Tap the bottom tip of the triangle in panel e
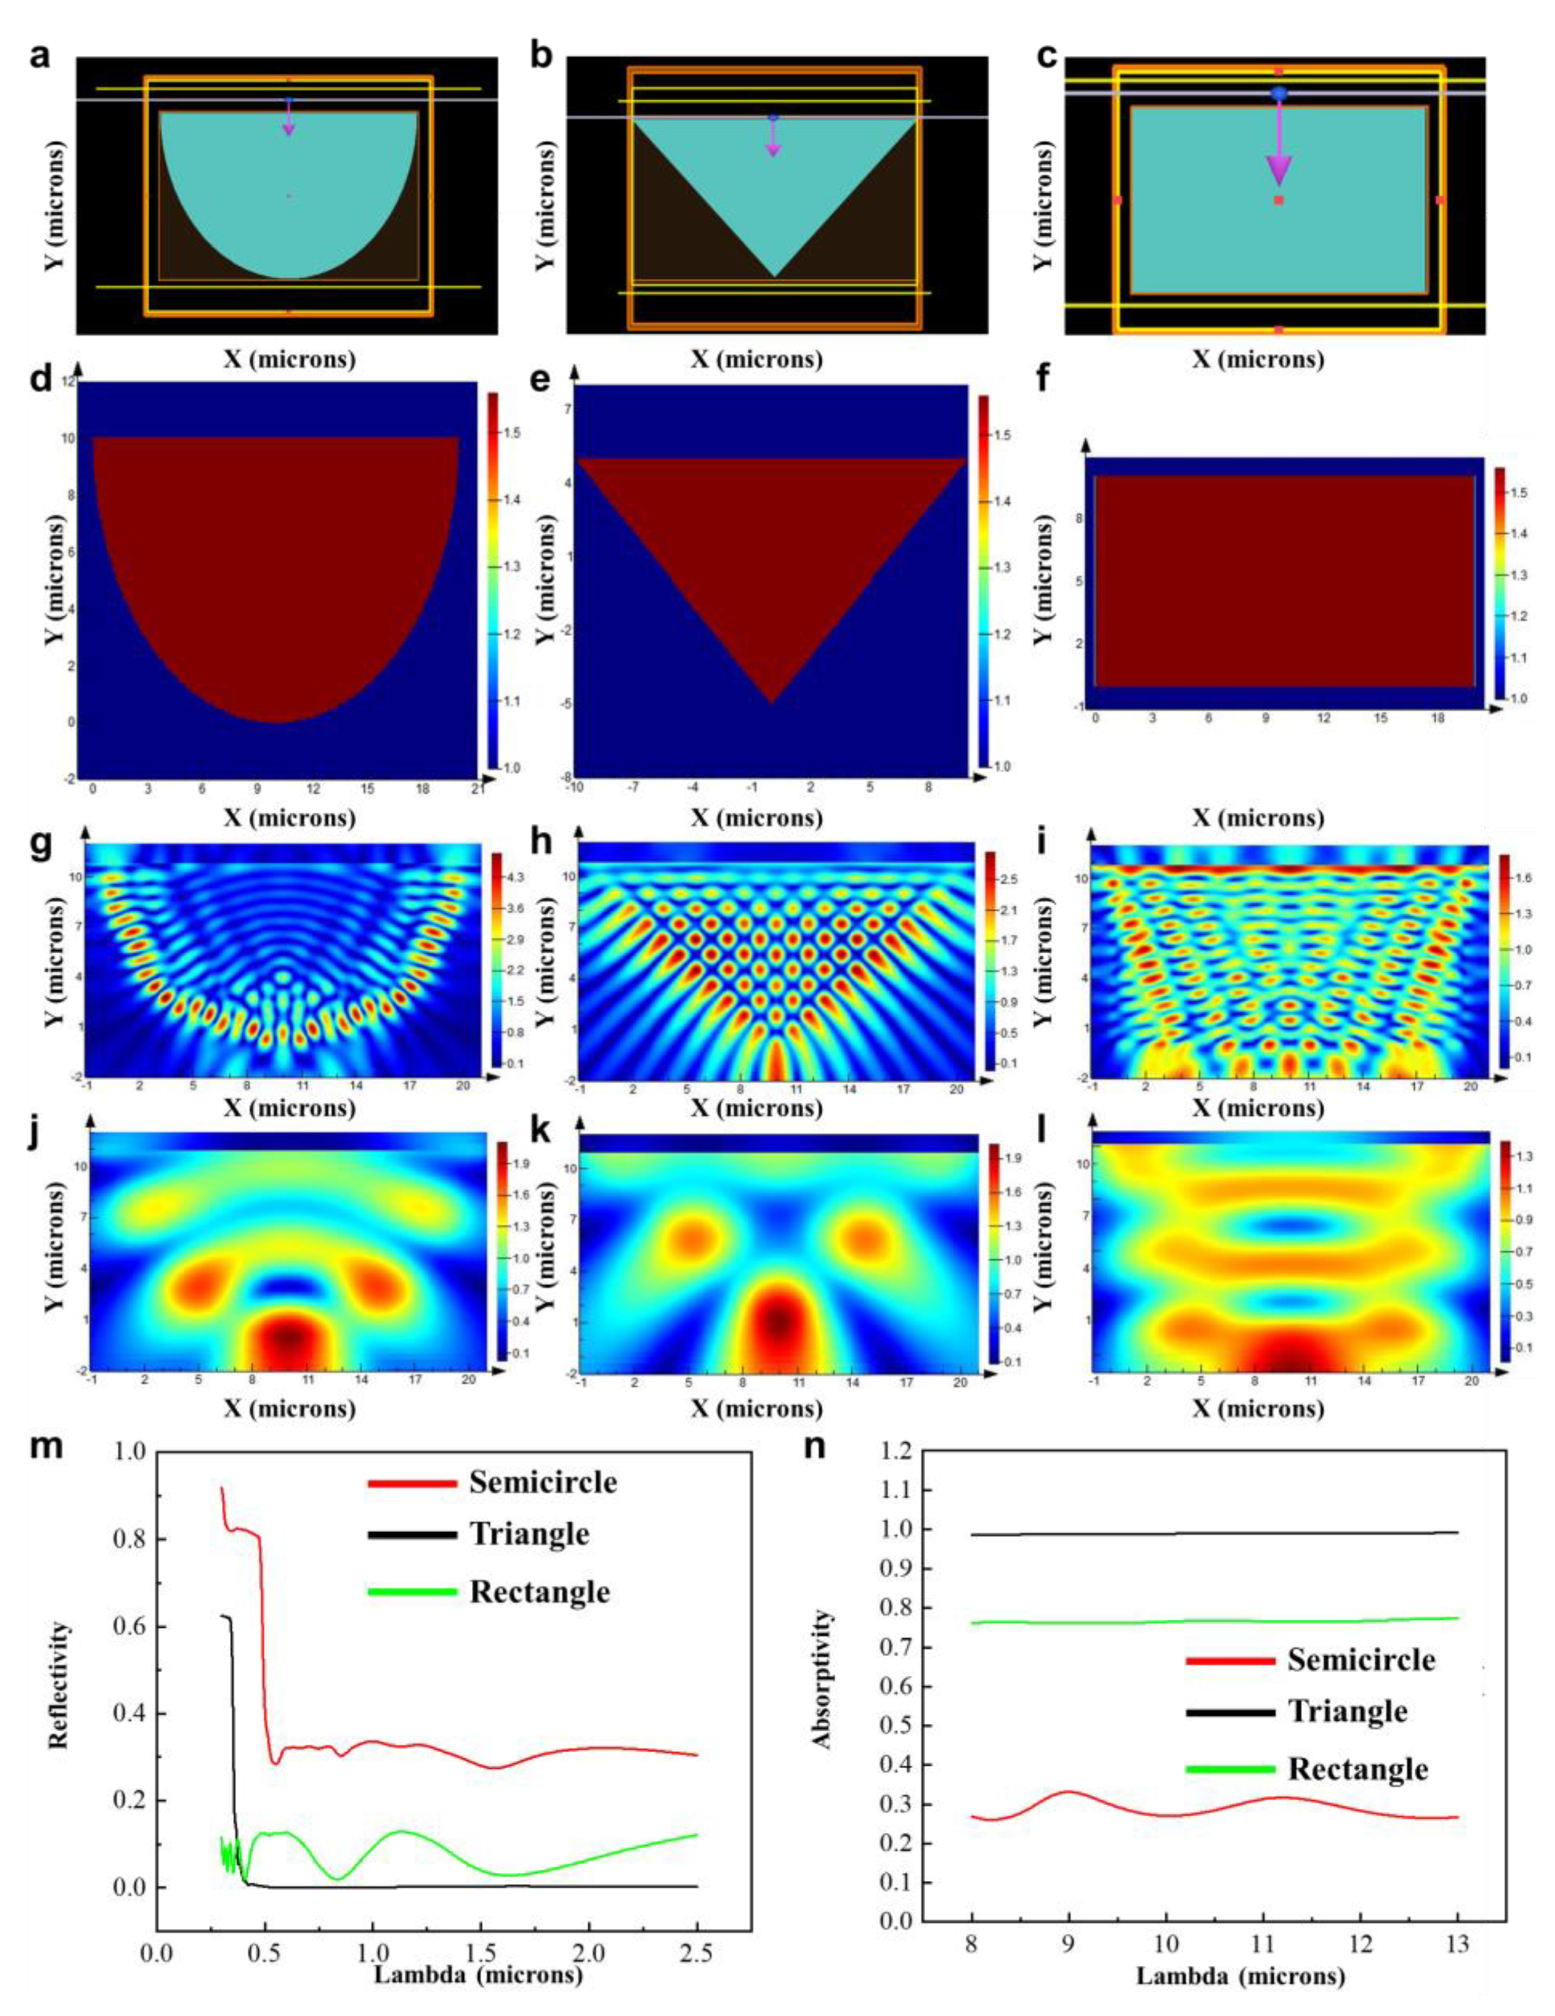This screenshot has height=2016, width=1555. coord(772,703)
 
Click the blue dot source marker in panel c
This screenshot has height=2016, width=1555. coord(1278,93)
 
